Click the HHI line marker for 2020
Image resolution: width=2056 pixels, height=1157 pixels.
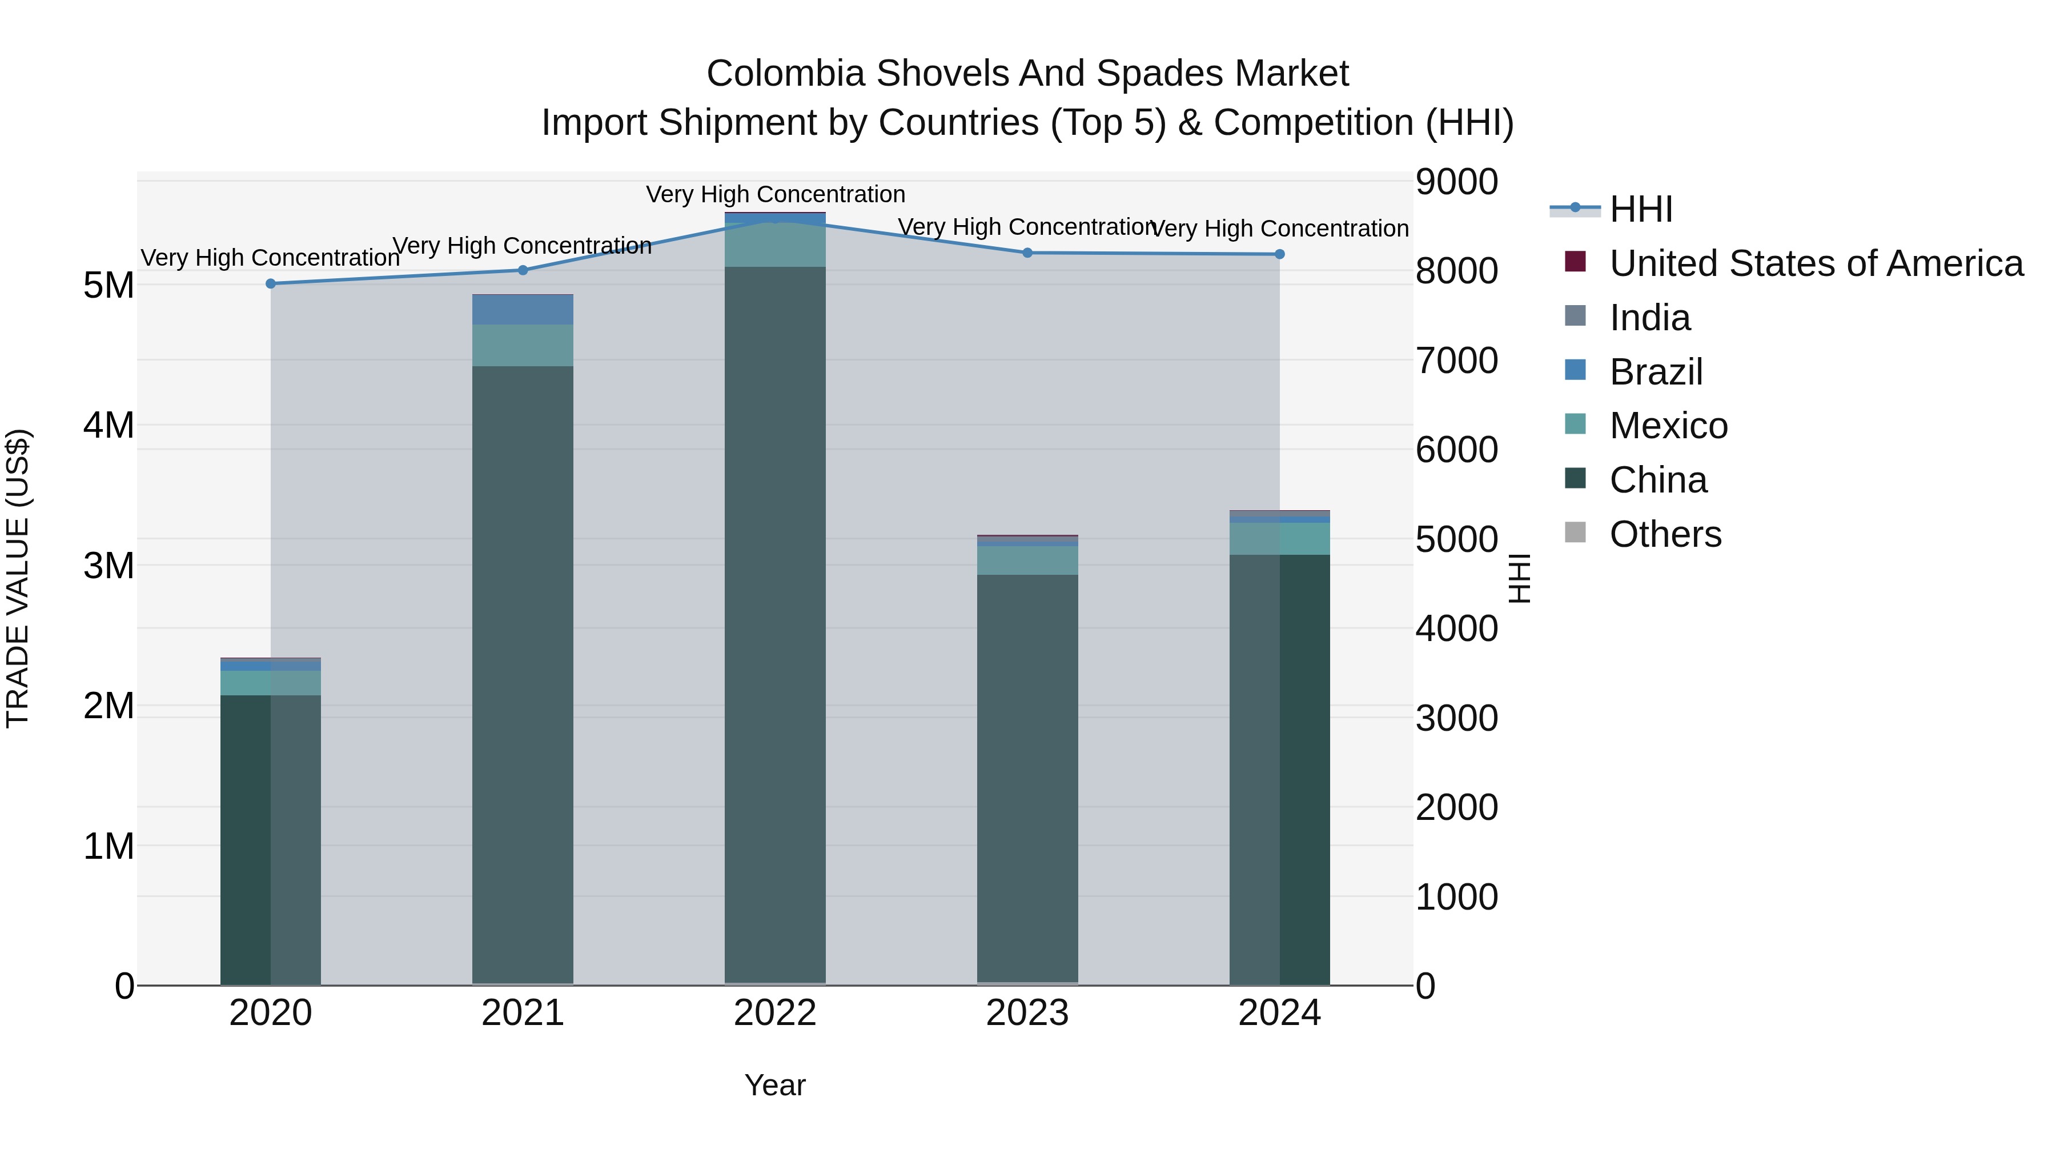[x=271, y=283]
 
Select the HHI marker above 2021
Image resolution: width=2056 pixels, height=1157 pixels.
[x=523, y=270]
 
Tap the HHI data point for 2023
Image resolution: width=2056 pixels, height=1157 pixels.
[x=1027, y=253]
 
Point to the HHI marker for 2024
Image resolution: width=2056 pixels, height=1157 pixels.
[x=1279, y=254]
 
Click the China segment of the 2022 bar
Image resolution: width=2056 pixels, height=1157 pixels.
[x=775, y=623]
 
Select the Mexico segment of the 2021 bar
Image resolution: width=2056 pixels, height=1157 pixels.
[x=523, y=345]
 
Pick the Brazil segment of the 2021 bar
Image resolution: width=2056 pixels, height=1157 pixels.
[x=523, y=310]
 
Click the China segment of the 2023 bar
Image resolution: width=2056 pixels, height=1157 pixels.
[x=1027, y=779]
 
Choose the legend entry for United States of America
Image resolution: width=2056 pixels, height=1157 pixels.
[x=1816, y=263]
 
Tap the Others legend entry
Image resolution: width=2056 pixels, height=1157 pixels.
[x=1665, y=534]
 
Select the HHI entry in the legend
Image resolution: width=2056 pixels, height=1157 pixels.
[x=1640, y=209]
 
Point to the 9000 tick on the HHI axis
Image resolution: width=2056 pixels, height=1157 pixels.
[x=1456, y=182]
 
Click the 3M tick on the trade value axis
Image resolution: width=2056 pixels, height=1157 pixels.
[x=109, y=565]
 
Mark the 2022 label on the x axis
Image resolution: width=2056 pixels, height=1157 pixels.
[x=775, y=1013]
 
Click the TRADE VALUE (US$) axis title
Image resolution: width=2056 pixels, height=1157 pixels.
[x=18, y=578]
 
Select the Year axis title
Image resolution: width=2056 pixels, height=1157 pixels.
[x=775, y=1085]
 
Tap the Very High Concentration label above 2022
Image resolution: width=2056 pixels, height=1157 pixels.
[x=775, y=194]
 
